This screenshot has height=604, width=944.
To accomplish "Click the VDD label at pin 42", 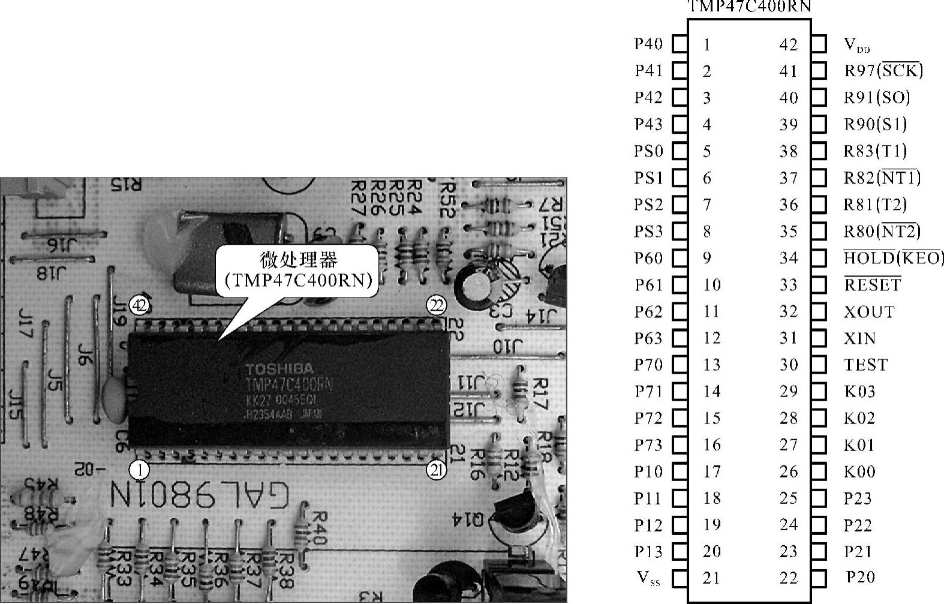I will coord(856,45).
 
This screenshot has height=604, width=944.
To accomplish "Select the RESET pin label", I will coord(872,284).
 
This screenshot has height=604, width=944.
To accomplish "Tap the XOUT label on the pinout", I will coord(869,312).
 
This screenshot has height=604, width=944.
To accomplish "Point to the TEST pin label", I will coord(865,365).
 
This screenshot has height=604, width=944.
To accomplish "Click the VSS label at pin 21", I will coord(648,578).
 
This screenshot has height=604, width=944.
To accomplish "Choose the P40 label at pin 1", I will coord(648,44).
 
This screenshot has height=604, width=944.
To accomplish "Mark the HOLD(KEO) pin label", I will coord(894,258).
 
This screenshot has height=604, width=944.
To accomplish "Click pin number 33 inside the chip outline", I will coord(789,285).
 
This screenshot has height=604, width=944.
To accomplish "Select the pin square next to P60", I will coord(680,258).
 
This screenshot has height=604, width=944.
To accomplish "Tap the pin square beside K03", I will coord(819,392).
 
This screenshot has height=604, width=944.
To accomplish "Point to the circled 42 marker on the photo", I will coord(139,306).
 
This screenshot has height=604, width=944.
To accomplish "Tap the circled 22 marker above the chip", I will coord(437,306).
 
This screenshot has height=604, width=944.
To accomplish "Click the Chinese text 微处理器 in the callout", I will coord(298,260).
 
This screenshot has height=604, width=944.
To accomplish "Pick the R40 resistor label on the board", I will coord(318,528).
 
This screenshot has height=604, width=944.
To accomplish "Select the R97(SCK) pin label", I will coord(883,71).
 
